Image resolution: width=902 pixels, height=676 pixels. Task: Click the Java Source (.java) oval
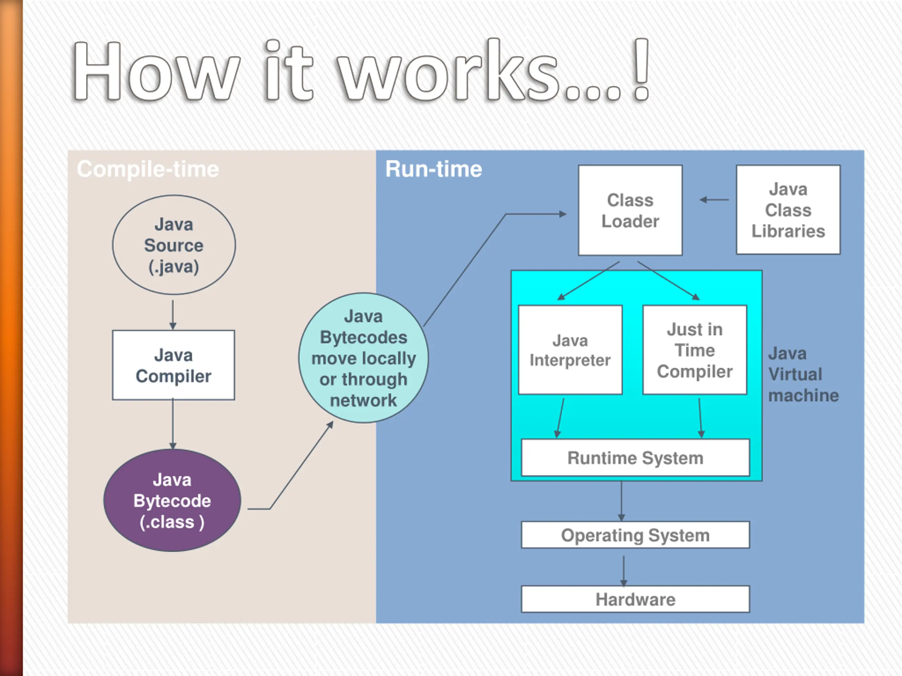[x=174, y=245]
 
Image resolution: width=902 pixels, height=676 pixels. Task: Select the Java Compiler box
[x=173, y=365]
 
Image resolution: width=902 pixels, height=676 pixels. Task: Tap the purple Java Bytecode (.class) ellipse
[x=172, y=500]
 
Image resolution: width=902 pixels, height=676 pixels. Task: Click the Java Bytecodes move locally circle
[x=363, y=358]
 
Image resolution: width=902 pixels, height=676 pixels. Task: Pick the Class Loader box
[x=630, y=210]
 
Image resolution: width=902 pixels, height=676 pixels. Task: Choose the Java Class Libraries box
[x=788, y=210]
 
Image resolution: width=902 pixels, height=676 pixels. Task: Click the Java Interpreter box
[x=570, y=350]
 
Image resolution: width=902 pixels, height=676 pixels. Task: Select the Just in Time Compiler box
[x=694, y=350]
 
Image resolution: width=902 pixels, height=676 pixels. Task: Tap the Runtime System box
[x=635, y=458]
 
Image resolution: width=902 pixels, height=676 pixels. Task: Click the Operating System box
[x=635, y=535]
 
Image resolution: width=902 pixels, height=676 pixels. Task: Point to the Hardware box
[x=635, y=599]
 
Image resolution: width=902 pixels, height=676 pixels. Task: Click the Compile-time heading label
[x=148, y=169]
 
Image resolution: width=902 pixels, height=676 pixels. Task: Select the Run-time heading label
[x=433, y=169]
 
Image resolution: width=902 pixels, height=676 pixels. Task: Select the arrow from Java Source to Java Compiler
[x=173, y=314]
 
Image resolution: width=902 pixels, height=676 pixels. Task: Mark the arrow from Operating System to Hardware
[x=624, y=570]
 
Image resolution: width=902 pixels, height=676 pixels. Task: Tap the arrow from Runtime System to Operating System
[x=622, y=501]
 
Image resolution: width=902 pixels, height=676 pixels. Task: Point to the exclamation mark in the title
[x=641, y=70]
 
